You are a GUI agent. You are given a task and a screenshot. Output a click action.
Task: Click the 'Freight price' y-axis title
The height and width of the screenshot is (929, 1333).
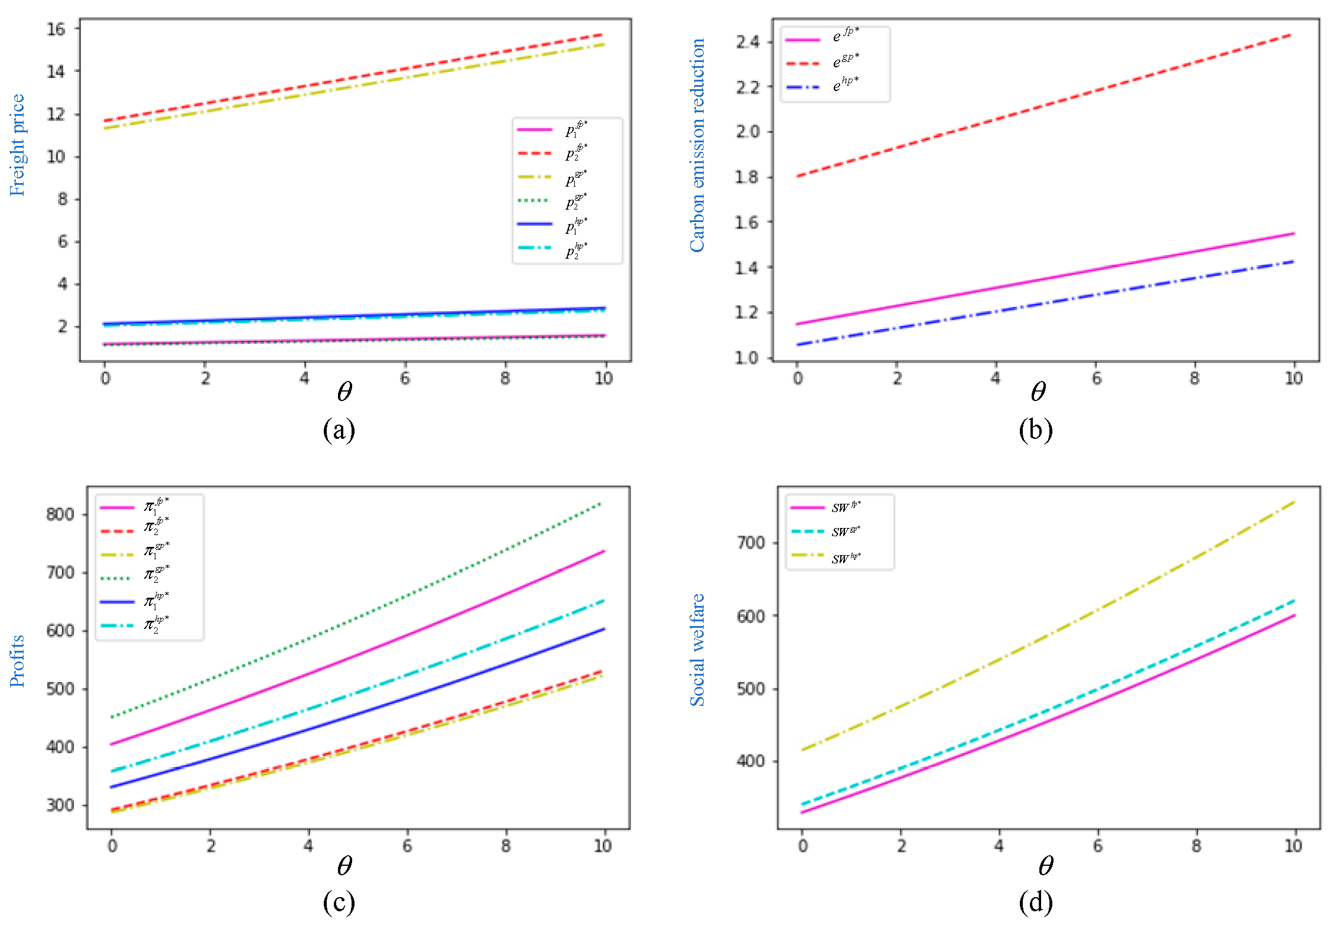coord(17,145)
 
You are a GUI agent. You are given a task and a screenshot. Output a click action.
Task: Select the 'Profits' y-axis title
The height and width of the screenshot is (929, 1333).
coord(17,660)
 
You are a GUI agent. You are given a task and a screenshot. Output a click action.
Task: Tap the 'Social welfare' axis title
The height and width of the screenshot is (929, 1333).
coord(697,650)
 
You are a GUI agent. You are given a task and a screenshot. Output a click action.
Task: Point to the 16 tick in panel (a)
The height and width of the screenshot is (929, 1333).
coord(56,29)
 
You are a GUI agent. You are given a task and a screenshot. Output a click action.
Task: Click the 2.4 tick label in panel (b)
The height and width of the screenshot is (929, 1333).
coord(747,42)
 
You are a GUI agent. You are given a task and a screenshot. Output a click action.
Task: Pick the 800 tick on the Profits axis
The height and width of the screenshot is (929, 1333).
coord(60,514)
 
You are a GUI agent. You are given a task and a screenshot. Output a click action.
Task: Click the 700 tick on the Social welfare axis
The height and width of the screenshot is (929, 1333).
coord(750,543)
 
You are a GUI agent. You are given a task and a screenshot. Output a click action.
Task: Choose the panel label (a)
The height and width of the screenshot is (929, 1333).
coord(339,430)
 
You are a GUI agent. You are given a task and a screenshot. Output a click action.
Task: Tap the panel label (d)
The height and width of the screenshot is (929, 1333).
coord(1035,902)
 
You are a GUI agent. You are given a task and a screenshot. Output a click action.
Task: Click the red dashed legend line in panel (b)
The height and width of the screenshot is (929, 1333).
coord(803,63)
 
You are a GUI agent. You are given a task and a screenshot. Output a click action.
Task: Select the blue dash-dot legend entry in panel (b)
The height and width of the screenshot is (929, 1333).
coord(803,87)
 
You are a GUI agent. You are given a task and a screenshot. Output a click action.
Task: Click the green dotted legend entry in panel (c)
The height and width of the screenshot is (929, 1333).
coord(117,578)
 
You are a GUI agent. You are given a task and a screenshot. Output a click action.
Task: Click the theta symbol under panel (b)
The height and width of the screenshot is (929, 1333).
coord(1038,392)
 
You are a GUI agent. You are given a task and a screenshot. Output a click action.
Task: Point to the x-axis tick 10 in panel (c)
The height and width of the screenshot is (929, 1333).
coord(603,846)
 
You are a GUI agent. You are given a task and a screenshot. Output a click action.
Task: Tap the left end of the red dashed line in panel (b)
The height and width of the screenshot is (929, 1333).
coord(798,176)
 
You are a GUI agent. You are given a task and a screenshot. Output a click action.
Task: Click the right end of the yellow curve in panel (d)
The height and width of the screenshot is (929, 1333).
coord(1293,502)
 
